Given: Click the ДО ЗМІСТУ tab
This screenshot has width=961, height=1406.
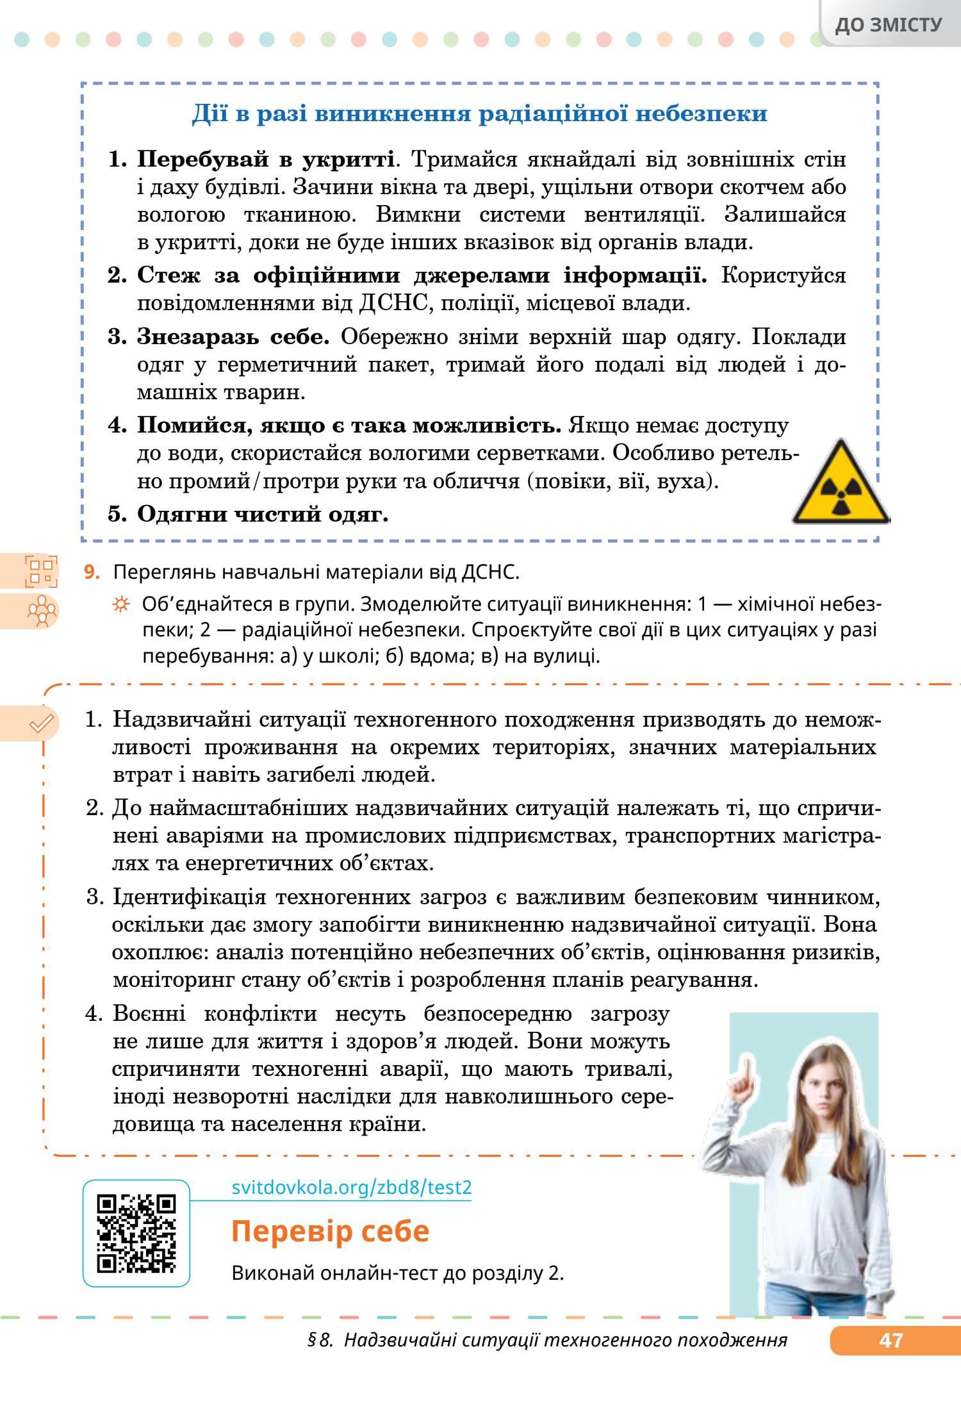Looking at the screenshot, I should coord(889,25).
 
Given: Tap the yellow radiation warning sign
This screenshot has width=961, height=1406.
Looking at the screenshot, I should coord(841,484).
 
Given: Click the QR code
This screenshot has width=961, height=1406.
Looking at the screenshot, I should coord(136,1234).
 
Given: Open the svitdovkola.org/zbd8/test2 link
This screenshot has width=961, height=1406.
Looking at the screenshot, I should coord(351,1187).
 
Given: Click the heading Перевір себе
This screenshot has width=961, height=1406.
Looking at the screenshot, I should coord(330,1231).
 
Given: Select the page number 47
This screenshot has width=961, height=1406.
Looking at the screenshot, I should coord(891,1341).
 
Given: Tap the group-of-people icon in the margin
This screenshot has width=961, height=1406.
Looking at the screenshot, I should coord(42,611).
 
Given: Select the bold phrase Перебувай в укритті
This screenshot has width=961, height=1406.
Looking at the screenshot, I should coord(265,159).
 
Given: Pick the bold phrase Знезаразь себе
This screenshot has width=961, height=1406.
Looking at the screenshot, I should coord(233,336).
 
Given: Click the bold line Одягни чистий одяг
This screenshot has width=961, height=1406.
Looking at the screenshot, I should coord(263,514).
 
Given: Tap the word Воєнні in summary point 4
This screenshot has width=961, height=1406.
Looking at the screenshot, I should coord(149,1013).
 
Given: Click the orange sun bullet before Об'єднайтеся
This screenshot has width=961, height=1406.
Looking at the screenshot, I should coord(120,604).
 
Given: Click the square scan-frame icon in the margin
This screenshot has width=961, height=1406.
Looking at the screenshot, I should coord(40,572).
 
